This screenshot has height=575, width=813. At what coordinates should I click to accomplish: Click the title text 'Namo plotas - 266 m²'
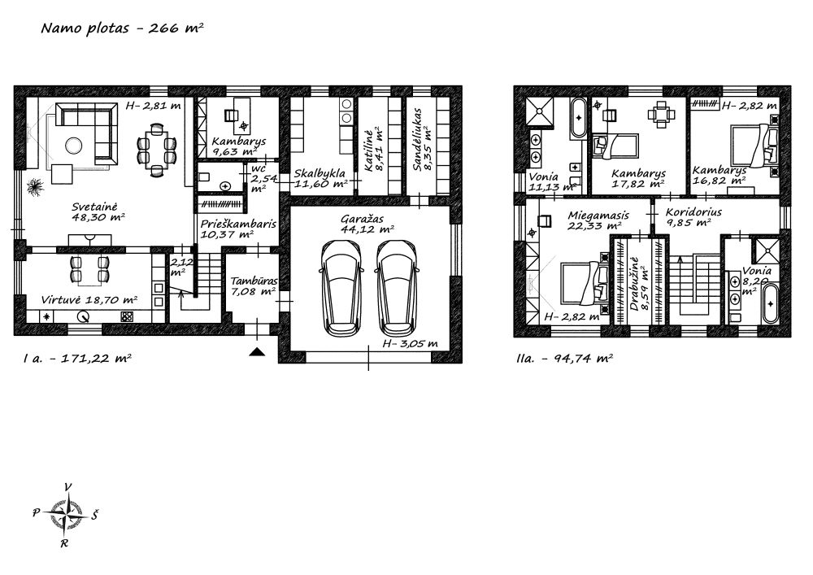(122, 28)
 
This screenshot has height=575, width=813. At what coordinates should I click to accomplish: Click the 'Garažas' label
(362, 219)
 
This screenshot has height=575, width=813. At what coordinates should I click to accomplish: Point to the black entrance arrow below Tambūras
(257, 352)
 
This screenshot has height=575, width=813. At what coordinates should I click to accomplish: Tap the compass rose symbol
(65, 515)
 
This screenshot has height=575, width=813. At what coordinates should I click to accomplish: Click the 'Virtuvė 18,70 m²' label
(89, 299)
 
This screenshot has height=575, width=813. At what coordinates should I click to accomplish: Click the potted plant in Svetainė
(35, 186)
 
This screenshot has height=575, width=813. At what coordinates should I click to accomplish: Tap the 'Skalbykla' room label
(320, 174)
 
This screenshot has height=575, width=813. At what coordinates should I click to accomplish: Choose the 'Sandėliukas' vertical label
(416, 139)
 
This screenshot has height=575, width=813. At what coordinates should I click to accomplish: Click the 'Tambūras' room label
(254, 281)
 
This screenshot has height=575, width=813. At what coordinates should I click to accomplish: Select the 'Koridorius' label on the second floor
(693, 212)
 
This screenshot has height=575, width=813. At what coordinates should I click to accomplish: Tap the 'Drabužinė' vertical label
(635, 284)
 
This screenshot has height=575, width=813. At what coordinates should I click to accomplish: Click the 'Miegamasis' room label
(598, 216)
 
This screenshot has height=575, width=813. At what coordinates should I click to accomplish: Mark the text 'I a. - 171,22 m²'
(76, 358)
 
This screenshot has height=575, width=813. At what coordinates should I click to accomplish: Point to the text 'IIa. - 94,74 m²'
(565, 358)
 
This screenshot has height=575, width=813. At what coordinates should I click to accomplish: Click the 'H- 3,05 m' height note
(410, 343)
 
